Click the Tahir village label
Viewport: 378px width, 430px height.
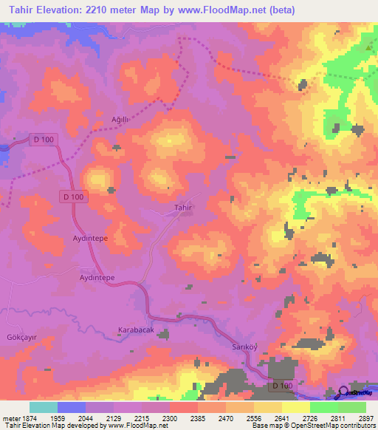tap(183, 208)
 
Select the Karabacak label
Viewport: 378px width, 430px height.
tap(136, 330)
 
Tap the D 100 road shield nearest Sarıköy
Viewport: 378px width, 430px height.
tap(282, 386)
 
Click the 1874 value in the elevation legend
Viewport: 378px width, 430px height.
tap(28, 417)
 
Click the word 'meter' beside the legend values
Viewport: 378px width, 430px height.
tap(10, 417)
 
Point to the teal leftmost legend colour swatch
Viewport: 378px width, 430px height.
tap(43, 407)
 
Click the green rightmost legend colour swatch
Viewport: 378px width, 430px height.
tap(352, 407)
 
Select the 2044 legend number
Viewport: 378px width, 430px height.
tap(86, 417)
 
